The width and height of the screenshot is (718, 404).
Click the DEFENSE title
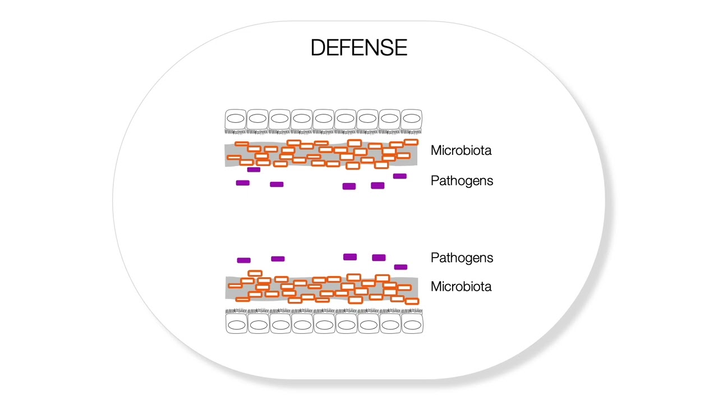tap(359, 48)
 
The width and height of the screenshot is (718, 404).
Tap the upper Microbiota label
tap(461, 150)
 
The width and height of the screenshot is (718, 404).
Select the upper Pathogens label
tap(462, 181)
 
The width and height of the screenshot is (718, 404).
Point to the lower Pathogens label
tap(462, 258)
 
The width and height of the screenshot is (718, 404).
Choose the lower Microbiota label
tap(461, 287)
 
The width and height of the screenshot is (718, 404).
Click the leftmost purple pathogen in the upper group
tap(242, 183)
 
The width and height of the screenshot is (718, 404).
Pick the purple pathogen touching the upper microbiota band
tap(254, 169)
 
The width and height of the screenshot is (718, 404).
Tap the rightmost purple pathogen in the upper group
tap(400, 176)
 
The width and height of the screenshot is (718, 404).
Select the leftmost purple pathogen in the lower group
tap(243, 260)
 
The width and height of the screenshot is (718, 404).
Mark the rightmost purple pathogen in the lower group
tap(401, 267)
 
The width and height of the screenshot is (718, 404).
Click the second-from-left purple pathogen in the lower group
tap(278, 259)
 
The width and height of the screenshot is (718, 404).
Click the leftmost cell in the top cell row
tap(236, 120)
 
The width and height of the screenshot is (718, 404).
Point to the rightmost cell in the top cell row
tap(412, 120)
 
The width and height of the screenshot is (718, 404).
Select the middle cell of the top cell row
tap(324, 120)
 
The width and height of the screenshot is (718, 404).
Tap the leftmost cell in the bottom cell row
tap(236, 324)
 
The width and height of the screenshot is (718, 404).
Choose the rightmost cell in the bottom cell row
tap(412, 324)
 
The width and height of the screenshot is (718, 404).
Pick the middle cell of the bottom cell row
tap(324, 324)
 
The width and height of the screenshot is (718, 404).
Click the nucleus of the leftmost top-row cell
tap(236, 118)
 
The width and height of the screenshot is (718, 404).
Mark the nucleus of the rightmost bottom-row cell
tap(412, 325)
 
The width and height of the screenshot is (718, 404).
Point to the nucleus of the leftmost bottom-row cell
tap(236, 325)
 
